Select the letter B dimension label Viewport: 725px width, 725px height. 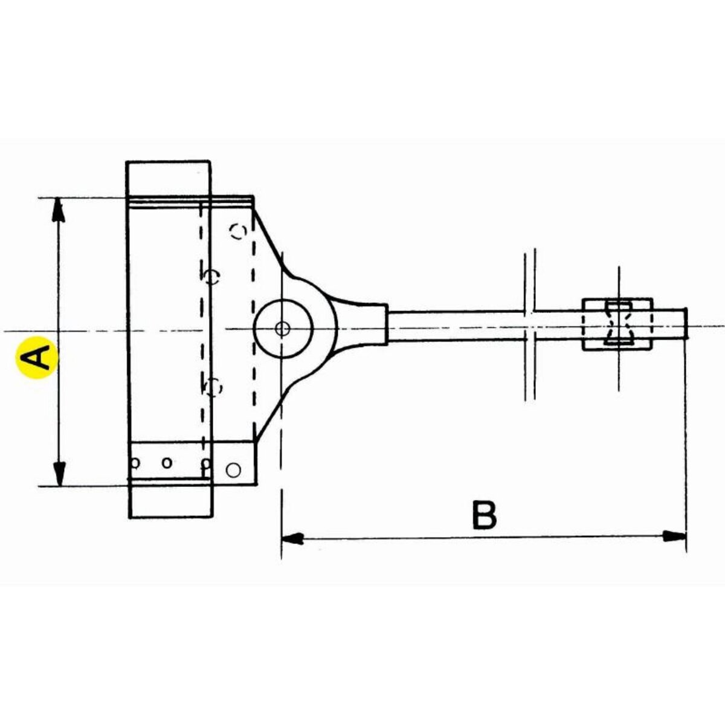click(484, 515)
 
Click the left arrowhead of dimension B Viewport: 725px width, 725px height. click(292, 537)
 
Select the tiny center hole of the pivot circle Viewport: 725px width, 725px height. click(282, 329)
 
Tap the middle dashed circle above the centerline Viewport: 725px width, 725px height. click(211, 277)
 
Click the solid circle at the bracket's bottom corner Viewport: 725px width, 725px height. click(233, 469)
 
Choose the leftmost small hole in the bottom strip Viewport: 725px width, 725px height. click(136, 463)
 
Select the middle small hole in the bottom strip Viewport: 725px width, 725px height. click(167, 463)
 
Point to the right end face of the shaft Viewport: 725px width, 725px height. click(686, 323)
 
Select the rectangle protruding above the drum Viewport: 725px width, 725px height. click(169, 179)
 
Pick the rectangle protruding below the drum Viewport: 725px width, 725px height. click(171, 500)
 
